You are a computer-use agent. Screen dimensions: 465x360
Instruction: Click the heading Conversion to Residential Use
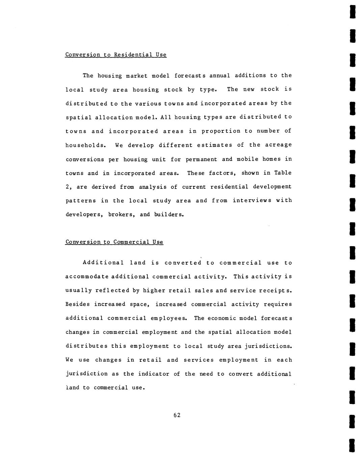click(116, 55)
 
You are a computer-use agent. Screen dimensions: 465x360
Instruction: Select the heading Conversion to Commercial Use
click(114, 242)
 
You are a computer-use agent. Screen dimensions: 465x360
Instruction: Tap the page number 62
click(177, 415)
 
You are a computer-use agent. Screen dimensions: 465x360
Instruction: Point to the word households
click(86, 145)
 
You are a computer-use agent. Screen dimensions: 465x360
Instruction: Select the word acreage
click(278, 145)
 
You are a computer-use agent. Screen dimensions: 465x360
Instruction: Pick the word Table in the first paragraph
click(283, 173)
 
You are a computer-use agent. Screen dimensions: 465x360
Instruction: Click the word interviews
click(252, 201)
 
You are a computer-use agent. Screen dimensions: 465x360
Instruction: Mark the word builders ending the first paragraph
click(169, 214)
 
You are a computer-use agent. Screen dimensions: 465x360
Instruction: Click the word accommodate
click(87, 277)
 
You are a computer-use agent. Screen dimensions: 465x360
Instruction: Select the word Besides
click(78, 304)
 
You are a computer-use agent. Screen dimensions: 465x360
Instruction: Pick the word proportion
click(221, 131)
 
